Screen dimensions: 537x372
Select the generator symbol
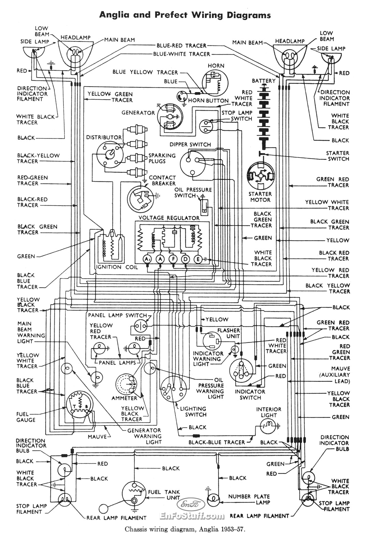[x=169, y=116]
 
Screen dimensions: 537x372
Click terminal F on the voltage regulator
[x=173, y=259]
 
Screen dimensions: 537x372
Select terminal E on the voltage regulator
[x=198, y=259]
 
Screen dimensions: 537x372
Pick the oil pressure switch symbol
[x=204, y=206]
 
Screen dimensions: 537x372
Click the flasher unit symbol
[x=212, y=341]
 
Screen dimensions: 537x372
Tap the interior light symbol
[x=268, y=425]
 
